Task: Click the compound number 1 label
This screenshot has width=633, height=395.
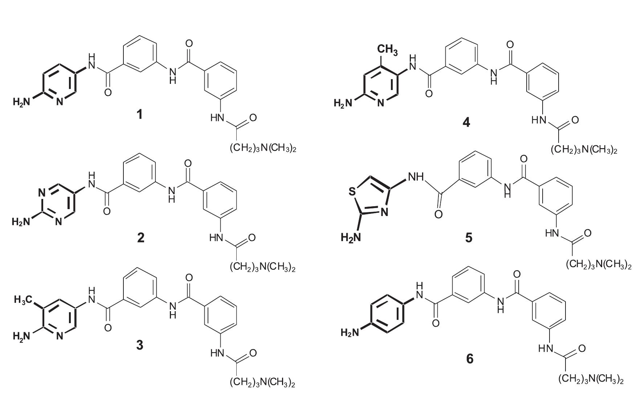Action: [139, 115]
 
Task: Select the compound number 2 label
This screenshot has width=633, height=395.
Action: [140, 237]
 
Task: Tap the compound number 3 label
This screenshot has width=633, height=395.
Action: [140, 345]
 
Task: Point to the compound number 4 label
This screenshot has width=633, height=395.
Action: [466, 123]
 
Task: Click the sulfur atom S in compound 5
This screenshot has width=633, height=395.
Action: [352, 191]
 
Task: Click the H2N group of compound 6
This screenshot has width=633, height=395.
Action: [350, 332]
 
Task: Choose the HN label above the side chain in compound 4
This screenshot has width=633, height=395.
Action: [539, 120]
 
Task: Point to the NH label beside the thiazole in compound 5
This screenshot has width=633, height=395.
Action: [416, 177]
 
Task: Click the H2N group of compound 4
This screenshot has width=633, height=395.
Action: [343, 103]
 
